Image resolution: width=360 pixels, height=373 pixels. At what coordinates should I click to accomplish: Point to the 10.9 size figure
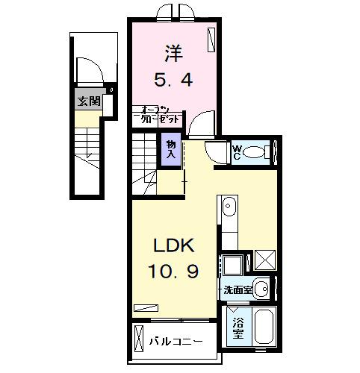[x=176, y=272]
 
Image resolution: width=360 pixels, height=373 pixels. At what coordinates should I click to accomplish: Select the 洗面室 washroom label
[x=236, y=289]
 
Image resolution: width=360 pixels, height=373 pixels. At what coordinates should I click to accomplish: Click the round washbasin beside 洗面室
[x=261, y=288]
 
